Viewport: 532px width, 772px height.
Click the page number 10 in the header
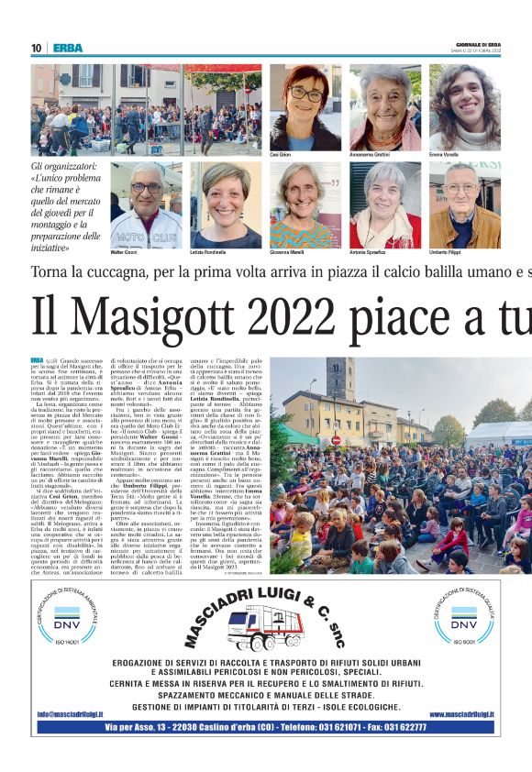click(36, 48)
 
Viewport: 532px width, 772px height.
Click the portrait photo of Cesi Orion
click(305, 107)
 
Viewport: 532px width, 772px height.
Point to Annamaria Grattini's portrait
click(384, 107)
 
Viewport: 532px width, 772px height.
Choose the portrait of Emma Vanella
click(464, 107)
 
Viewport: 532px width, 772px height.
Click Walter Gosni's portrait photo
click(146, 204)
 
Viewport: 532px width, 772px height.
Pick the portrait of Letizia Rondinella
click(226, 204)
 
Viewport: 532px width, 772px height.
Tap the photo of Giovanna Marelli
click(305, 204)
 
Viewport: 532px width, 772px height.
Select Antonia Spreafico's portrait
click(384, 204)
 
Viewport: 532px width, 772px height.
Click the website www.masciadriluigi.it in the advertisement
click(461, 713)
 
